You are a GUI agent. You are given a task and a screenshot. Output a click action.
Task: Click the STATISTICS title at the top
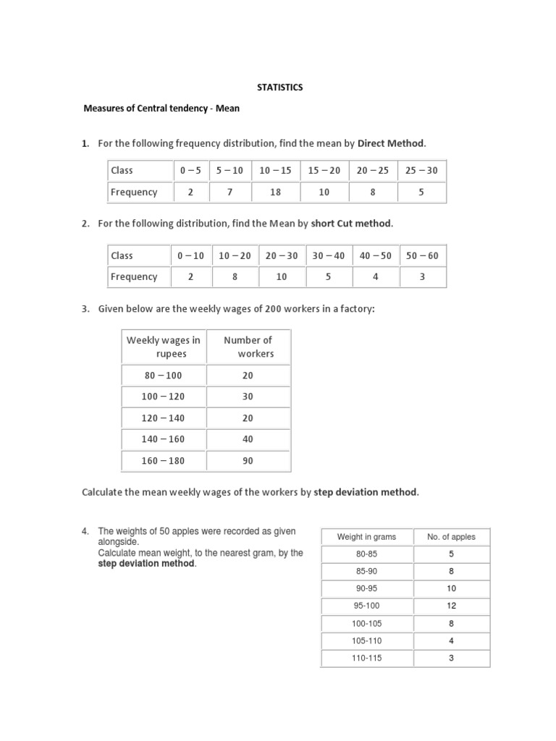click(x=280, y=88)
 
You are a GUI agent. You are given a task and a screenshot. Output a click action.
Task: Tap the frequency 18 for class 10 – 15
click(x=275, y=192)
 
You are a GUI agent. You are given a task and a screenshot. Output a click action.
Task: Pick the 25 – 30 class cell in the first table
click(x=421, y=171)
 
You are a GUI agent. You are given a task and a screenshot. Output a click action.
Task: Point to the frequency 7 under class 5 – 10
click(x=230, y=192)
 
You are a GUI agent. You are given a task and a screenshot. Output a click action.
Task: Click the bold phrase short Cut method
click(x=352, y=224)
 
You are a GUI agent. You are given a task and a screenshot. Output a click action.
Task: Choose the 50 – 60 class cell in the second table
click(x=422, y=255)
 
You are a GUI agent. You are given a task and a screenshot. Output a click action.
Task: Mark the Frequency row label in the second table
click(x=134, y=276)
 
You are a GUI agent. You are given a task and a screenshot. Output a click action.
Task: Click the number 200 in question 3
click(x=273, y=309)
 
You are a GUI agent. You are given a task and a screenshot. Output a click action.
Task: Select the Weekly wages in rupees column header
click(x=164, y=347)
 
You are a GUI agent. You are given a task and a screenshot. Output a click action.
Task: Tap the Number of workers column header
click(x=248, y=347)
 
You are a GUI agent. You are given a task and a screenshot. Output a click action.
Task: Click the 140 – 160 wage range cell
click(x=164, y=438)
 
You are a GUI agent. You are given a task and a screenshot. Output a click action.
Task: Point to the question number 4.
click(x=85, y=532)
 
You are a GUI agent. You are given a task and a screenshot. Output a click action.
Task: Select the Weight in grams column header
click(x=366, y=537)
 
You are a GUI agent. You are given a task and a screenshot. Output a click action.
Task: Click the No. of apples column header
click(x=451, y=537)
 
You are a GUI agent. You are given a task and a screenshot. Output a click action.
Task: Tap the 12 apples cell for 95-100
click(x=451, y=606)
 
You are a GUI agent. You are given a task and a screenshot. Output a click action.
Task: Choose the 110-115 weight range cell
click(x=366, y=658)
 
